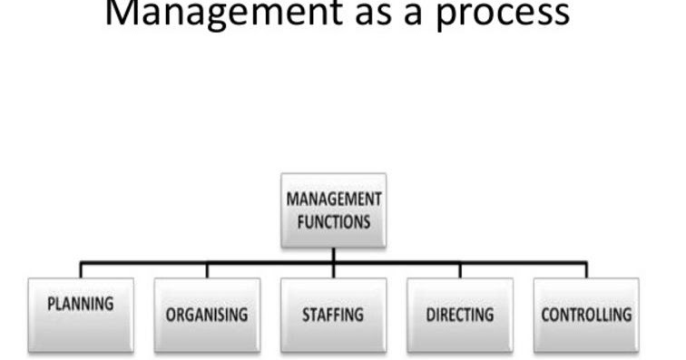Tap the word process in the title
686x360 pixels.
click(504, 13)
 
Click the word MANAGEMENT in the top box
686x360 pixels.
click(334, 199)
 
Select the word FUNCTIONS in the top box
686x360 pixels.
click(334, 220)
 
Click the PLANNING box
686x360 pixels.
click(81, 314)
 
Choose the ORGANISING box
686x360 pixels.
click(207, 314)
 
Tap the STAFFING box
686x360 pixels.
click(333, 314)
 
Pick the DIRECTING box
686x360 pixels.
click(460, 314)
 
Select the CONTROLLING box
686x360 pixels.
click(586, 314)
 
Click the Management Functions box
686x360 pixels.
click(334, 209)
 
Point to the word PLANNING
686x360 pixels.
click(81, 304)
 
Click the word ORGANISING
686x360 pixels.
click(207, 316)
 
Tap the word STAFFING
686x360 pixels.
click(333, 316)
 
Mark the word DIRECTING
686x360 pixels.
click(460, 316)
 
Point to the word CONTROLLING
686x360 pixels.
click(586, 316)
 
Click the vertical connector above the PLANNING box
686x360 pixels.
click(81, 270)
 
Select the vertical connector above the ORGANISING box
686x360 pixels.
click(207, 270)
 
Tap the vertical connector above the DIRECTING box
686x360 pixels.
click(460, 270)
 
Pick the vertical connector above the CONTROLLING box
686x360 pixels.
click(586, 270)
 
